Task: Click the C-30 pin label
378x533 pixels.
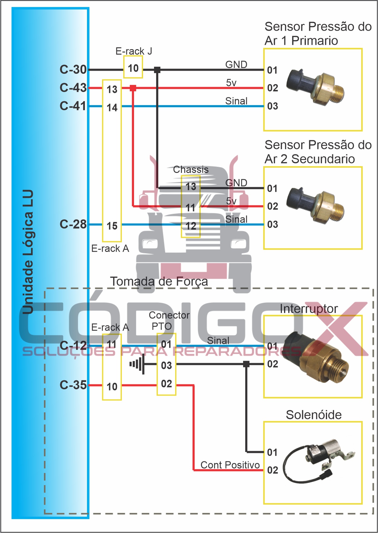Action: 73,69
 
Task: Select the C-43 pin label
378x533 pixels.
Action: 73,88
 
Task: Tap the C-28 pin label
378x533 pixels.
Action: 73,224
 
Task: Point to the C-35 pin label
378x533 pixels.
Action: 73,385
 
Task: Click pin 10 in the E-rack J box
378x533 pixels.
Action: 133,68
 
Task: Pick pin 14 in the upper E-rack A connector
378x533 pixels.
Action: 112,107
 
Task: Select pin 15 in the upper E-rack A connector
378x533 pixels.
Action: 112,226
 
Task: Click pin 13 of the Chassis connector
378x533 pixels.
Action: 191,187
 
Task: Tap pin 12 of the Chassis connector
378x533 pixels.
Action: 191,226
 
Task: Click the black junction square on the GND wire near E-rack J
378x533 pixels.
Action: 157,70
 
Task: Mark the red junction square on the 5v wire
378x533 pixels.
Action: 133,88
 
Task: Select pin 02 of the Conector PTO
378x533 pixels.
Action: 166,384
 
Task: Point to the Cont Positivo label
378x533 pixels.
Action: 230,465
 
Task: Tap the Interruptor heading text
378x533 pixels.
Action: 309,309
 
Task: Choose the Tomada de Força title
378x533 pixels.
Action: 159,281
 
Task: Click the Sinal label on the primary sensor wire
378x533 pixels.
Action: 236,101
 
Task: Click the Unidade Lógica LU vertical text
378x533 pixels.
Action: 28,252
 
